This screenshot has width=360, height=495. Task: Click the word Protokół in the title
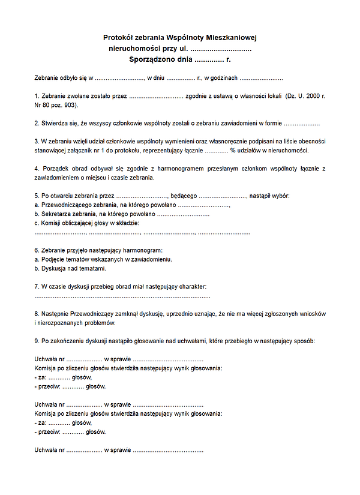pyautogui.click(x=118, y=37)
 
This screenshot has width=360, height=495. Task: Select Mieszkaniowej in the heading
pyautogui.click(x=230, y=37)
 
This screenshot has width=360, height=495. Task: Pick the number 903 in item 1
pyautogui.click(x=70, y=104)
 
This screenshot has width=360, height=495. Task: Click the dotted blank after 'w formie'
pyautogui.click(x=301, y=123)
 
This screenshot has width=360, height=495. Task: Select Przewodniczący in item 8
pyautogui.click(x=94, y=314)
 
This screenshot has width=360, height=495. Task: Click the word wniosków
pyautogui.click(x=313, y=314)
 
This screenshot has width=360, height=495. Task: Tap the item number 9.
pyautogui.click(x=36, y=341)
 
